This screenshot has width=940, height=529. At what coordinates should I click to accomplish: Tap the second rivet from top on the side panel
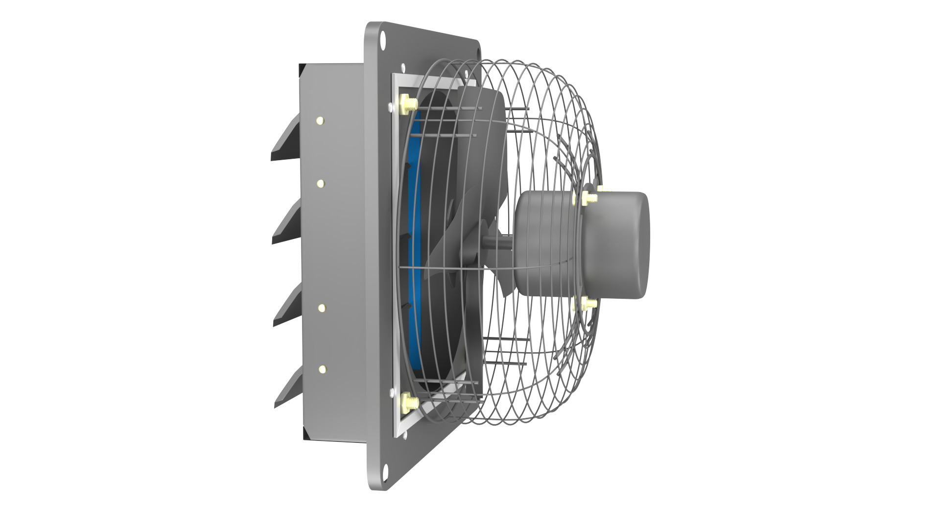[x=321, y=183]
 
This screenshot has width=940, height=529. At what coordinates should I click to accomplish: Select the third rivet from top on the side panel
[x=322, y=308]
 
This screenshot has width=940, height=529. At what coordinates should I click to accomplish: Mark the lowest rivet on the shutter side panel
[x=322, y=369]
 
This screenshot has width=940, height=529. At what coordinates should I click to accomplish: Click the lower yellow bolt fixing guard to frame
[x=407, y=403]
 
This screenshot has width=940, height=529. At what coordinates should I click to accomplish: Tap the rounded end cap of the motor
[x=622, y=245]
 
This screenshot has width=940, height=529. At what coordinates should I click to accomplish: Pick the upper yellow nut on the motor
[x=587, y=198]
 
